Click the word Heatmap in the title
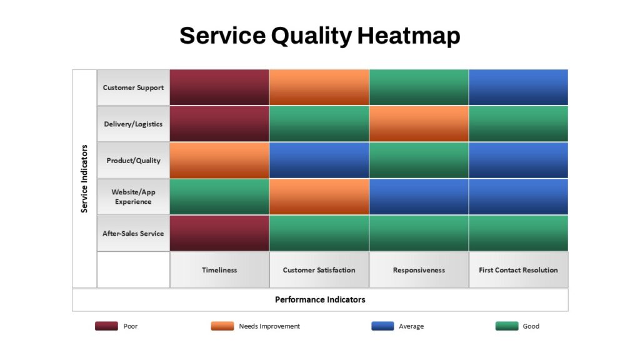point(409,36)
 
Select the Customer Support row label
point(133,87)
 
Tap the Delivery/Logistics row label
point(133,124)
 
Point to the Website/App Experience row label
point(133,197)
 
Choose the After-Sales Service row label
point(133,234)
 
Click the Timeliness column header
point(219,270)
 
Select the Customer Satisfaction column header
point(319,270)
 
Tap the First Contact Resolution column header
point(518,270)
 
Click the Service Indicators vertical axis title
point(84,179)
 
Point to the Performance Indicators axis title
point(320,299)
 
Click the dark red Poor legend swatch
point(106,326)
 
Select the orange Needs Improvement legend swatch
point(222,326)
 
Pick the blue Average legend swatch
point(383,326)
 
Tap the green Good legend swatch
point(507,326)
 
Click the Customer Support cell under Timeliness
point(219,87)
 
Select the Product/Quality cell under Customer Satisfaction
point(319,161)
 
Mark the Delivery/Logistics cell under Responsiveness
point(419,124)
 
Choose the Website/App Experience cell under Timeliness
point(219,197)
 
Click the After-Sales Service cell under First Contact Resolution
point(518,234)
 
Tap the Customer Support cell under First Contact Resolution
point(518,87)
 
